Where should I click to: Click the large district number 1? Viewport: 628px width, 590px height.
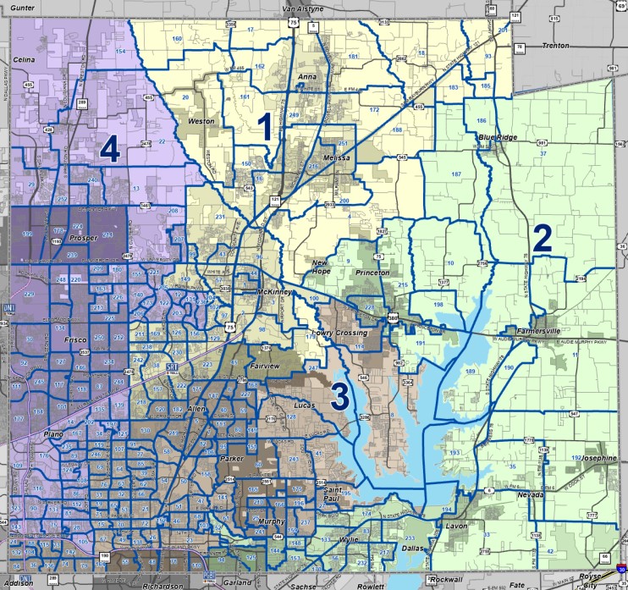point(264,128)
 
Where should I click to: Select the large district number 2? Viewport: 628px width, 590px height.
point(542,238)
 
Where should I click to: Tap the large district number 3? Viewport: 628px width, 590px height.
point(340,396)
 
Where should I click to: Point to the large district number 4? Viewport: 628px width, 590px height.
point(109,151)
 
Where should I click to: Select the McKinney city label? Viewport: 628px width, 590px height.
point(273,292)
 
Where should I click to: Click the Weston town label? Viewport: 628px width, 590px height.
point(201,122)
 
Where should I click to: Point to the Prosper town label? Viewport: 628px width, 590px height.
point(84,238)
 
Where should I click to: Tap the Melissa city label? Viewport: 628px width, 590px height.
point(336,158)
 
